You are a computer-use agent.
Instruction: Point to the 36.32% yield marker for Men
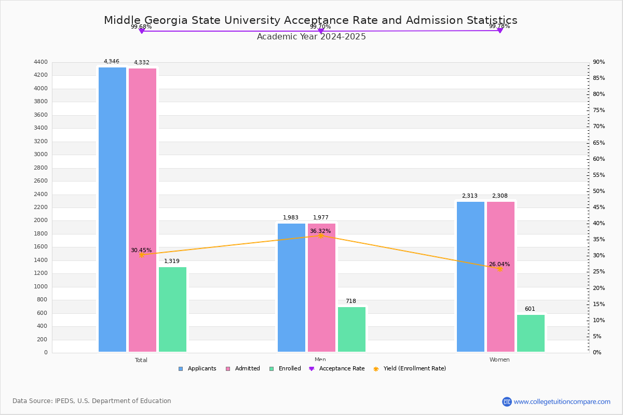[321, 236]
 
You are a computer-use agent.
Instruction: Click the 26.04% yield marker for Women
[499, 269]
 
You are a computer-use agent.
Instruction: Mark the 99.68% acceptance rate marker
[141, 31]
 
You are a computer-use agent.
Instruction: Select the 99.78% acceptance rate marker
[499, 31]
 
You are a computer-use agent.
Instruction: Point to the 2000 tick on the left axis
[42, 220]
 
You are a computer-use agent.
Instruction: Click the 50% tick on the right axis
[599, 191]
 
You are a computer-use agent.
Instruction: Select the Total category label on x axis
[141, 360]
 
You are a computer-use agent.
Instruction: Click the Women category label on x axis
[499, 359]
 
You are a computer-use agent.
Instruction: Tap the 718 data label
[351, 301]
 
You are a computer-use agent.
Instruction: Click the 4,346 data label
[111, 62]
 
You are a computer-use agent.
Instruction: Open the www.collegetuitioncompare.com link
[562, 402]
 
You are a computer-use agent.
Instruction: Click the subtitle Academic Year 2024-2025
[311, 37]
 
